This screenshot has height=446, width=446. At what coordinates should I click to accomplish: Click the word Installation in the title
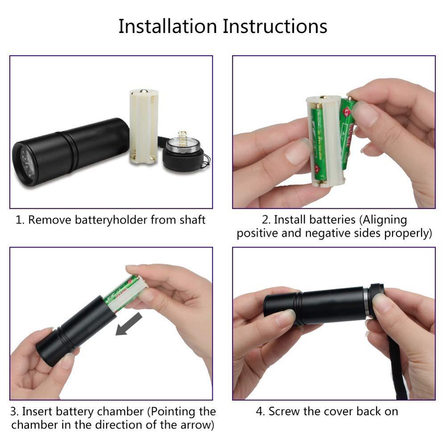[x=168, y=26]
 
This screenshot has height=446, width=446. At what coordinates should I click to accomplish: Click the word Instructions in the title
[x=275, y=26]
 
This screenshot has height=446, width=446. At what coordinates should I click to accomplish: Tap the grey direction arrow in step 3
[x=129, y=324]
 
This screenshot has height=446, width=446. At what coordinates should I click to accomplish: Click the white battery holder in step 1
[x=144, y=127]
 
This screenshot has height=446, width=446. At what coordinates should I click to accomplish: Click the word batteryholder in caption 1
[x=111, y=220]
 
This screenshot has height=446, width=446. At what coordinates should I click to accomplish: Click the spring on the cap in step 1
[x=182, y=139]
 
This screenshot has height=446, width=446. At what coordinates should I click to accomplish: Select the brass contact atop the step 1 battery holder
[x=144, y=91]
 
